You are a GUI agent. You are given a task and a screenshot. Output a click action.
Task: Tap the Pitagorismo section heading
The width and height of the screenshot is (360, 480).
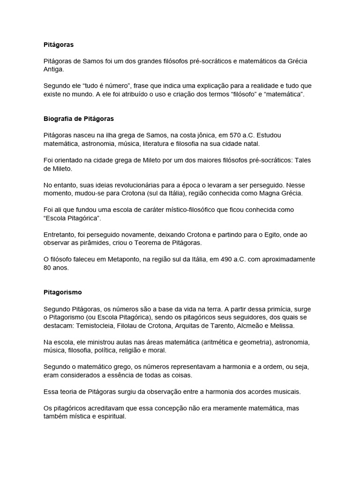click(62, 292)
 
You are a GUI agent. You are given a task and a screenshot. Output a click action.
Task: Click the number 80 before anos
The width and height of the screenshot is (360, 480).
click(47, 268)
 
